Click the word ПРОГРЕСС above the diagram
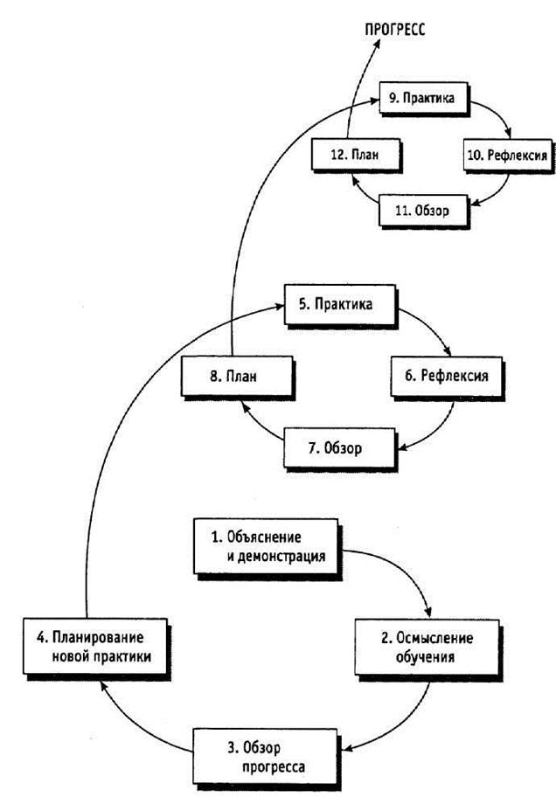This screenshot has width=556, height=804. pyautogui.click(x=394, y=29)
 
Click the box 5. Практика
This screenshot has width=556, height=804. pyautogui.click(x=339, y=308)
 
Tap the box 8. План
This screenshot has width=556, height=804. pyautogui.click(x=237, y=378)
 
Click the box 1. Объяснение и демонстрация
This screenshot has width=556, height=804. pyautogui.click(x=264, y=546)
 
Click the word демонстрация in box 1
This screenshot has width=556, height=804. pyautogui.click(x=281, y=555)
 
